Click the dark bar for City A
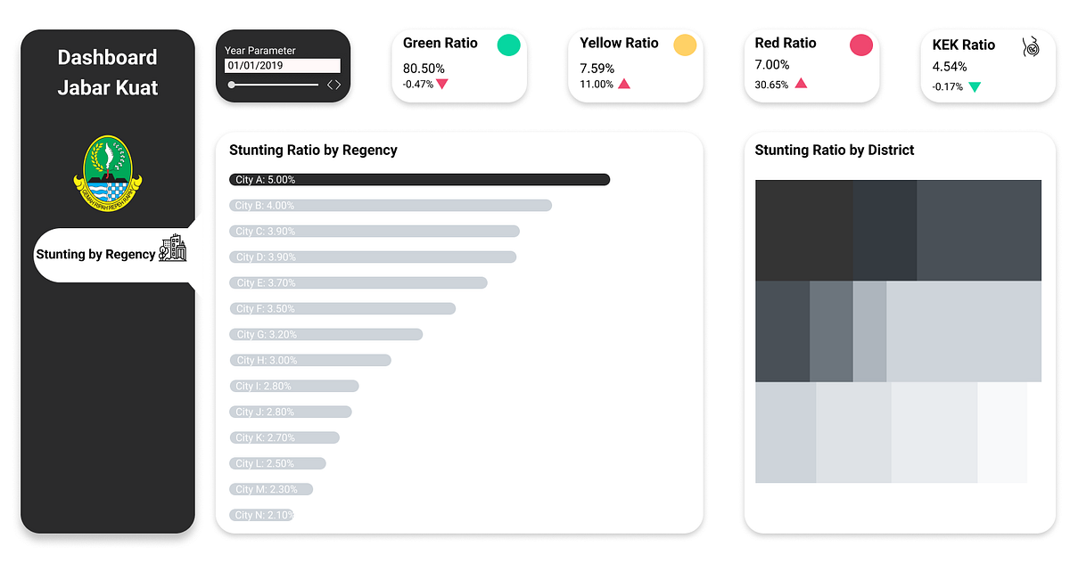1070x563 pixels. coord(419,179)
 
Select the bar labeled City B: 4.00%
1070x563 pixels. coord(391,205)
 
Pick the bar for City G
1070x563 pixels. coord(325,334)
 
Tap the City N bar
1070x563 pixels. coord(262,515)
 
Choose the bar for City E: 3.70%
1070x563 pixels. coord(358,282)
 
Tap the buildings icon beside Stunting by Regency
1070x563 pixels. coord(173,249)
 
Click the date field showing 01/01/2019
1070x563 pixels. coord(282,66)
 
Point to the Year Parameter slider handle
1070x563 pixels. coord(232,85)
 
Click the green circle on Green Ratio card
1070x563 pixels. coord(508,45)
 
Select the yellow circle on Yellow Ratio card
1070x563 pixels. coord(685,45)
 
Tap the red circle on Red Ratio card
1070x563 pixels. coord(861,45)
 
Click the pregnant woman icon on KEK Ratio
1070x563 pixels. coord(1032,46)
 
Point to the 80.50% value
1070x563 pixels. coord(424,69)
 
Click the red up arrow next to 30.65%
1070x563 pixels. coord(801,83)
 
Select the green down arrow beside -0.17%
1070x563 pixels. coord(975,87)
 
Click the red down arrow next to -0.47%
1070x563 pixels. coord(442,85)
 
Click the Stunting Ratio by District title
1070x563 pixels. coord(835,151)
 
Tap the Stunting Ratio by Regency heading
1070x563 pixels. coord(313,151)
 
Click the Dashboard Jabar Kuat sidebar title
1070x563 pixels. coord(108,72)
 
